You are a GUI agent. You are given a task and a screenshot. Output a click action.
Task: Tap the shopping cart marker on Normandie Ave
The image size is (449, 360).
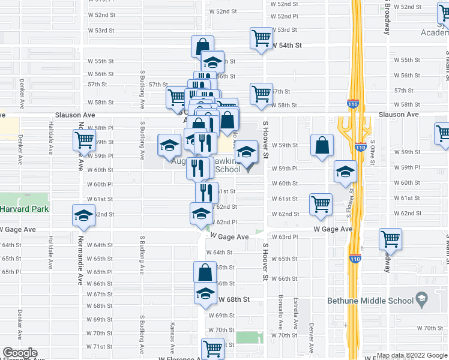(x=84, y=140)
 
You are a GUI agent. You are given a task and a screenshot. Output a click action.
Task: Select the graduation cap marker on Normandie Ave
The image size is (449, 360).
(x=83, y=215)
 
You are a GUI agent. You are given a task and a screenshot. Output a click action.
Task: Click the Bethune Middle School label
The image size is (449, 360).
(x=370, y=301)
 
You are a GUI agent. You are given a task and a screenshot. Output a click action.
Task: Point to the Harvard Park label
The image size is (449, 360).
(x=23, y=209)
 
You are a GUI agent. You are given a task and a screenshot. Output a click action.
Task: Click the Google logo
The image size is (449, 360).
(x=20, y=353)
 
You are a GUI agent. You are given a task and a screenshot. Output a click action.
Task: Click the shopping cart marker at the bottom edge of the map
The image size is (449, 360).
(x=212, y=349)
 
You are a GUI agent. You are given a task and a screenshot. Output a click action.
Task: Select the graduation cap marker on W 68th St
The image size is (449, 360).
(x=205, y=294)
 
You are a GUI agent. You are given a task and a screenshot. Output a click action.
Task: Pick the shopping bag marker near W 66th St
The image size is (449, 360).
(x=205, y=272)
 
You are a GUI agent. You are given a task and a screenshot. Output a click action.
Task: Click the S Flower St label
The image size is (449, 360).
(x=349, y=202)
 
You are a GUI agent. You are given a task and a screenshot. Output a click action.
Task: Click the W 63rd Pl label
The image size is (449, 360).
(x=284, y=237)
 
